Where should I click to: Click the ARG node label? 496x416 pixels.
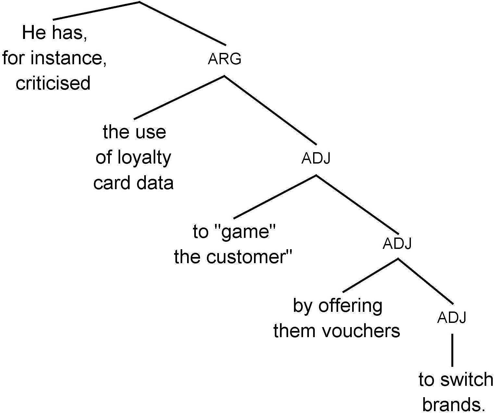224,59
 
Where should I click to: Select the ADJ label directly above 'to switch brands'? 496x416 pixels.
451,317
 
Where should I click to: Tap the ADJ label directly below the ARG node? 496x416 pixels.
316,158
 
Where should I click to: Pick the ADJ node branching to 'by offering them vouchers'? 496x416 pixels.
397,243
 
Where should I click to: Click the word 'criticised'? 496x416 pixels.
53,83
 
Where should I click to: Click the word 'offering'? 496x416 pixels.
350,306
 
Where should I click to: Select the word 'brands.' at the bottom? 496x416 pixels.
454,405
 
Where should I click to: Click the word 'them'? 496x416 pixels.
294,331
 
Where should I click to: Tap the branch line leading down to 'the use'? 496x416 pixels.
179,97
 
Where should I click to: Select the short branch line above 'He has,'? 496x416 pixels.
96,10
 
